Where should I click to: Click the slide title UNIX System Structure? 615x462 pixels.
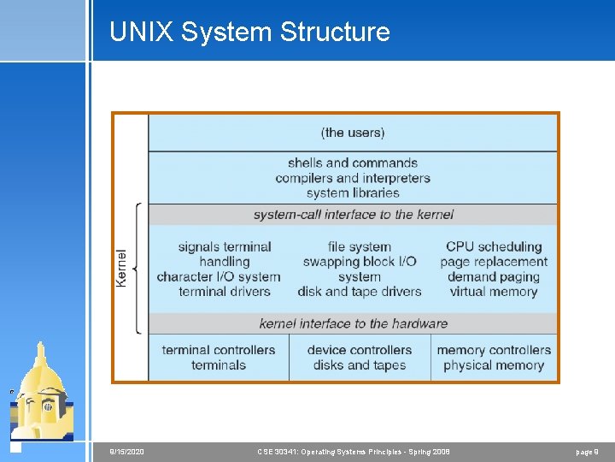point(249,33)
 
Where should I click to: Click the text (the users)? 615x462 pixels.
point(353,133)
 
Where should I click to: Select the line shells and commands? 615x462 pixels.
point(353,163)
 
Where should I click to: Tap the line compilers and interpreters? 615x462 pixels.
point(353,178)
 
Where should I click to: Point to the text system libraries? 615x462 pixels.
point(353,192)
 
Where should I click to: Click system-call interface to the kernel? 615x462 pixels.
point(353,214)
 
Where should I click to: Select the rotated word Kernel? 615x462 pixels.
point(121,269)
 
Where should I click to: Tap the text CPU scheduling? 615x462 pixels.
point(494,246)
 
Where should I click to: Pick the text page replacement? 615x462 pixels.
point(494,262)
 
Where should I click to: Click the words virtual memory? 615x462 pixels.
point(493,291)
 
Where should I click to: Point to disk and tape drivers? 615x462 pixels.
point(360,291)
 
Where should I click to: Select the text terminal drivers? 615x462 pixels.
point(224,291)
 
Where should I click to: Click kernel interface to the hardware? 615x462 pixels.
point(353,323)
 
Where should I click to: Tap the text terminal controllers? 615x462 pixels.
point(219,350)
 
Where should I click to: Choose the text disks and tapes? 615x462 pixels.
point(359,365)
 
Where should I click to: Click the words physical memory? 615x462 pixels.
point(494,365)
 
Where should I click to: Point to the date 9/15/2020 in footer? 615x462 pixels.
point(127,451)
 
